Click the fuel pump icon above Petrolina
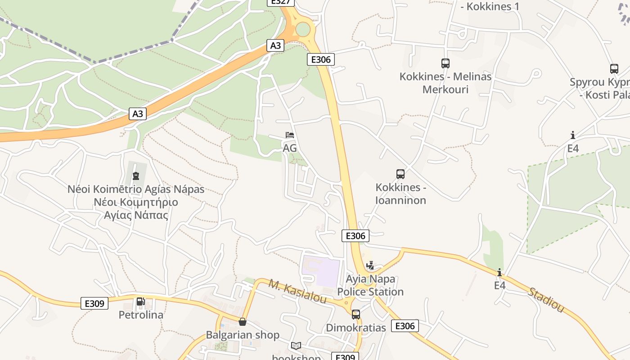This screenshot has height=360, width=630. click(x=140, y=301)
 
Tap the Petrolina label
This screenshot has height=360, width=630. click(x=141, y=315)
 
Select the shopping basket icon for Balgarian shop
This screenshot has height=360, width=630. click(x=243, y=322)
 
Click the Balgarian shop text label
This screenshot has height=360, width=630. click(x=243, y=335)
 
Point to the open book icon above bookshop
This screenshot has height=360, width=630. click(x=296, y=346)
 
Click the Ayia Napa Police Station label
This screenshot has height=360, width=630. click(x=370, y=285)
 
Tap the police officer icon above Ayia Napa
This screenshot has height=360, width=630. click(x=370, y=265)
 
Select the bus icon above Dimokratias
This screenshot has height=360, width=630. click(x=356, y=314)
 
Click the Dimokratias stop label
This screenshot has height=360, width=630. click(x=356, y=328)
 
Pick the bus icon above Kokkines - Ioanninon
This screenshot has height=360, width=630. click(x=400, y=174)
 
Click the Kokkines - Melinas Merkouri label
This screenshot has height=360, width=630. click(x=445, y=83)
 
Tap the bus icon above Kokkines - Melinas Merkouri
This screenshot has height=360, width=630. click(x=445, y=63)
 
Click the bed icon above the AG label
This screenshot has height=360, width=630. click(x=290, y=135)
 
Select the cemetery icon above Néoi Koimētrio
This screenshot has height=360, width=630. click(x=136, y=175)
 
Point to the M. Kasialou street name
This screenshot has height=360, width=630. click(x=297, y=291)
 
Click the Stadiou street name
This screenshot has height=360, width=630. click(x=546, y=300)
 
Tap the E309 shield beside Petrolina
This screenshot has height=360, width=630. click(x=94, y=303)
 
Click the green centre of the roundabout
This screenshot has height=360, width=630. click(x=303, y=30)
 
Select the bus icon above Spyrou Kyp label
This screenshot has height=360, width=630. click(x=614, y=69)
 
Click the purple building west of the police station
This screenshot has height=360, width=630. click(x=320, y=270)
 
